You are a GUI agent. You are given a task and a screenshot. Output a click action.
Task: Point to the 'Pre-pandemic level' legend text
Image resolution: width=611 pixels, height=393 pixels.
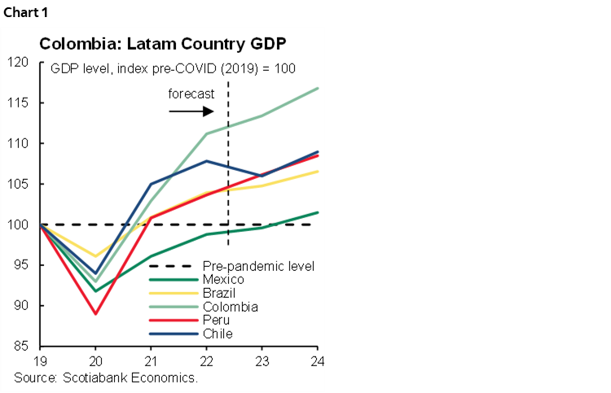(x=257, y=266)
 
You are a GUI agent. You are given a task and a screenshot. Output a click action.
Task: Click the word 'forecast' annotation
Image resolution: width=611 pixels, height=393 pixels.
(x=191, y=94)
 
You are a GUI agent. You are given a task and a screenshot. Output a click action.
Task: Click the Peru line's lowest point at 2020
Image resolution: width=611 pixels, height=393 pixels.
(x=95, y=314)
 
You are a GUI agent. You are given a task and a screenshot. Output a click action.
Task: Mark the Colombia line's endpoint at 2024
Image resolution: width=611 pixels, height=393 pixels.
(x=317, y=88)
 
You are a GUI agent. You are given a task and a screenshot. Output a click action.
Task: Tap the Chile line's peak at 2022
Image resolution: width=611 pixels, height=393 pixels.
(x=206, y=161)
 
